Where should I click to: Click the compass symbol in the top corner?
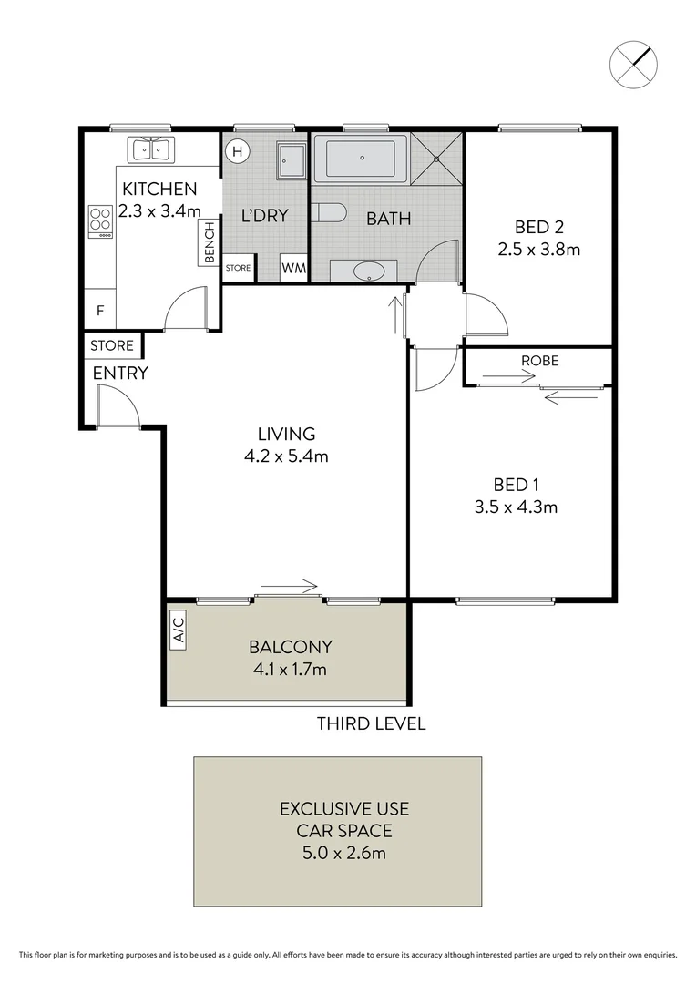632,62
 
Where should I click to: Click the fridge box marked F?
100,311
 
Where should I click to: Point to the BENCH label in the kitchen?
210,243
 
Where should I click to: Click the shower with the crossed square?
436,159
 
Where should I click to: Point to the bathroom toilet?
329,213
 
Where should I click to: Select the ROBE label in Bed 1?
539,361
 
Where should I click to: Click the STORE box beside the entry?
112,346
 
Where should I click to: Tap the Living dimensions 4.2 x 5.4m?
286,456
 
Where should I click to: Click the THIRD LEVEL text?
371,724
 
